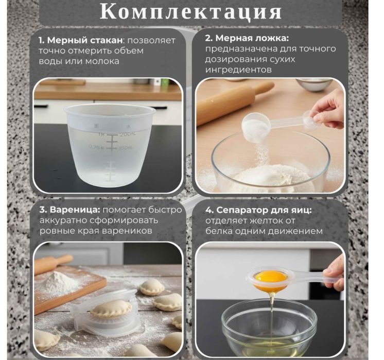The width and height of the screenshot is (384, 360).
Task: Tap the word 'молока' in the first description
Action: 102,61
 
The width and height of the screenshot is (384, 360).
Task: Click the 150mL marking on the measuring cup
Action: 126,148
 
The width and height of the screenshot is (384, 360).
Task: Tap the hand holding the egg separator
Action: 335,270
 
